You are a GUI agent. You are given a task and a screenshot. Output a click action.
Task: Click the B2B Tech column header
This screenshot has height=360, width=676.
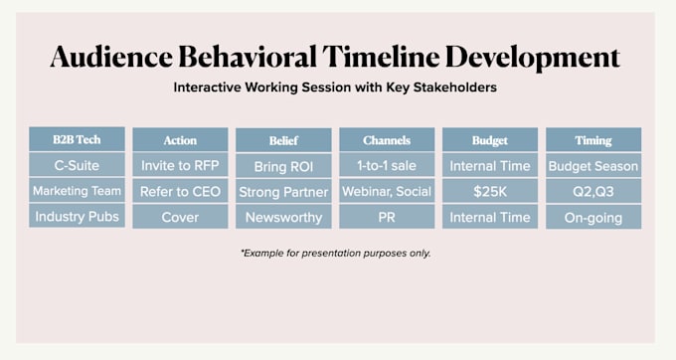pyautogui.click(x=77, y=139)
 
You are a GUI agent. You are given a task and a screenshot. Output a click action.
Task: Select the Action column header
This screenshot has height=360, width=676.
pyautogui.click(x=180, y=139)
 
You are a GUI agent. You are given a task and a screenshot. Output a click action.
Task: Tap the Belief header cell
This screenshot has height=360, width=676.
pyautogui.click(x=283, y=140)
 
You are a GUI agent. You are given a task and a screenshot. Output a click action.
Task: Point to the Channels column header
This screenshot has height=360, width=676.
pyautogui.click(x=387, y=139)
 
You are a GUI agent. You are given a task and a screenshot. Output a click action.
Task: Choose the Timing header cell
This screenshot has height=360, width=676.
pyautogui.click(x=593, y=139)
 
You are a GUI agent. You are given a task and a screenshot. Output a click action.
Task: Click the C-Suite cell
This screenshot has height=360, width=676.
pyautogui.click(x=77, y=165)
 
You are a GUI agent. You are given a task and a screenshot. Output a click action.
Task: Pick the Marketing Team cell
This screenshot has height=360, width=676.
pyautogui.click(x=77, y=191)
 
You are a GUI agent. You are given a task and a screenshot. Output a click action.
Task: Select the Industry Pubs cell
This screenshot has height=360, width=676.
pyautogui.click(x=77, y=216)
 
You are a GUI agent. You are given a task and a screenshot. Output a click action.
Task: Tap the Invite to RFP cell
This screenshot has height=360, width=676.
pyautogui.click(x=180, y=165)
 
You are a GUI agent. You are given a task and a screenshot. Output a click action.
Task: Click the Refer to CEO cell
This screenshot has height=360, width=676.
pyautogui.click(x=180, y=191)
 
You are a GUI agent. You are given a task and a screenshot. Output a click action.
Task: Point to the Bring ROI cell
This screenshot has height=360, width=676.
pyautogui.click(x=283, y=166)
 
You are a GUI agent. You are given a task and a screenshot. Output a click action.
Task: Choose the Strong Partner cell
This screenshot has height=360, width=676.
pyautogui.click(x=283, y=191)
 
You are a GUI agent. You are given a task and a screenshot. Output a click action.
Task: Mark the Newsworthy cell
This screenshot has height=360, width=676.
pyautogui.click(x=283, y=217)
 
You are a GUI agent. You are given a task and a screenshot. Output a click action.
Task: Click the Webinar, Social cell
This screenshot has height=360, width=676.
pyautogui.click(x=387, y=191)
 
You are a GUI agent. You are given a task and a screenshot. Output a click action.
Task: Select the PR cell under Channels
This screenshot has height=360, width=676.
pyautogui.click(x=387, y=217)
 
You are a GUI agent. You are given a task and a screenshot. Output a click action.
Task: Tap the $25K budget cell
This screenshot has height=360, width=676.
pyautogui.click(x=490, y=191)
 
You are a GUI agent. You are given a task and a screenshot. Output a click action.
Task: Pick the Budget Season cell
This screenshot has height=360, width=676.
pyautogui.click(x=593, y=165)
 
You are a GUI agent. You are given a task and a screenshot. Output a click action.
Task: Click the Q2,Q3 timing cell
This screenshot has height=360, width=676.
pyautogui.click(x=593, y=191)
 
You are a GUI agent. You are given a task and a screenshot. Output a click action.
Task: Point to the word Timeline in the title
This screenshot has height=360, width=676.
pyautogui.click(x=381, y=57)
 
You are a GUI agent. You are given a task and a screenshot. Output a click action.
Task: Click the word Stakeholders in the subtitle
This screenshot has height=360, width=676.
pyautogui.click(x=455, y=88)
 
